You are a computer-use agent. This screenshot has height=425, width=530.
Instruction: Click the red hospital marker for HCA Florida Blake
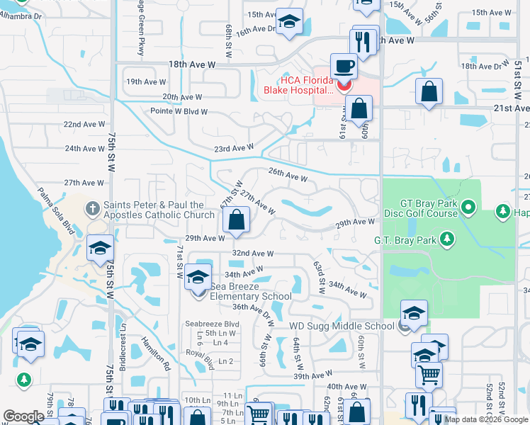344,86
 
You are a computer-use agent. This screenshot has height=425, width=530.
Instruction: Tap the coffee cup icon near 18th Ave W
344,66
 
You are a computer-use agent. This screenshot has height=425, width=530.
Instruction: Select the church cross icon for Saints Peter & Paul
92,208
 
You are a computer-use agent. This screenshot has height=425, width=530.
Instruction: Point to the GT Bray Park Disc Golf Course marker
468,208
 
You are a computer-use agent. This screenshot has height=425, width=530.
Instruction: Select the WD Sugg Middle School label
341,326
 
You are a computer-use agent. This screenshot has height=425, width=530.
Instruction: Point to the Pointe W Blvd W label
179,111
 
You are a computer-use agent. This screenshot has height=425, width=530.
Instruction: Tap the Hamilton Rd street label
159,351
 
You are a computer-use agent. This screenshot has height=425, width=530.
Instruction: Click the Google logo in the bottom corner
23,417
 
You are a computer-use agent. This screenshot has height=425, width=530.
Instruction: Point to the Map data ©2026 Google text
485,419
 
